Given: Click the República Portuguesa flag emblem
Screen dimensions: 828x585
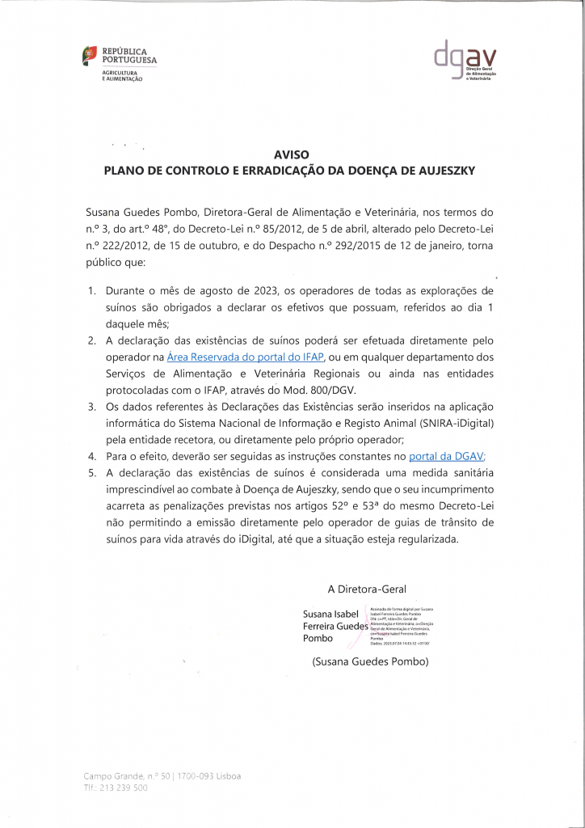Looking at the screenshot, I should click(x=90, y=56).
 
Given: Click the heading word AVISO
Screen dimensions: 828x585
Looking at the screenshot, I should click(x=292, y=154).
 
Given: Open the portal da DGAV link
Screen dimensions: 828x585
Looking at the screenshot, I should click(x=445, y=456).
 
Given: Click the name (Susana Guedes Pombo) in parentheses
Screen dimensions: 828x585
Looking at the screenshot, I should click(x=369, y=661).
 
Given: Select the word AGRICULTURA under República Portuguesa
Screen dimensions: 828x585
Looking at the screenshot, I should click(x=118, y=74).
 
